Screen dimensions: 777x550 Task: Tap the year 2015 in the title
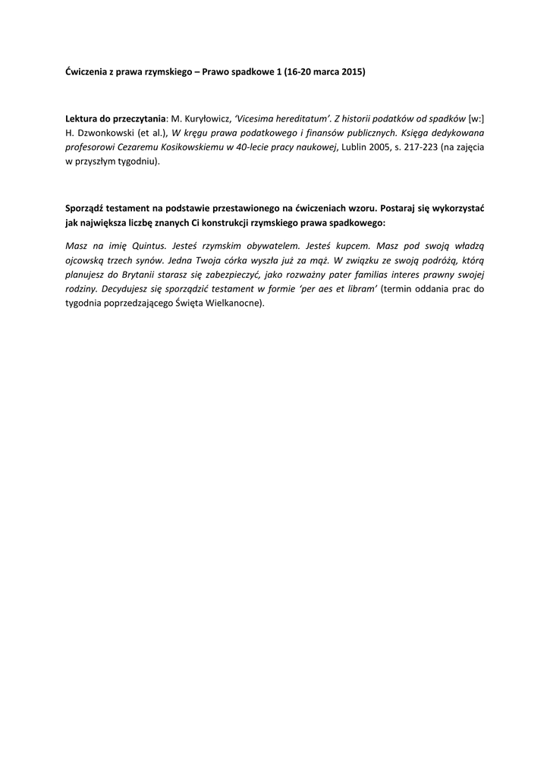pos(350,72)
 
